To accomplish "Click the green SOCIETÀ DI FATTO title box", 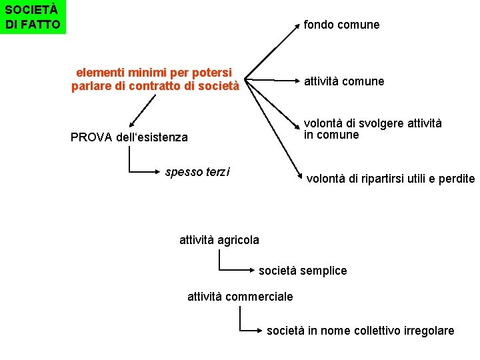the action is click(x=33, y=17).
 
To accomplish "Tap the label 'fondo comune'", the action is click(x=341, y=25).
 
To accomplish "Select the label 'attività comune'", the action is click(x=344, y=81).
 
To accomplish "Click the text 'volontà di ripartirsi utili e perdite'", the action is click(x=390, y=179).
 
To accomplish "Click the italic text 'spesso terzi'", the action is click(x=197, y=172).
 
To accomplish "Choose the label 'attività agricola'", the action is click(x=219, y=239).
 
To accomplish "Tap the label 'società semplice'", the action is click(x=303, y=271).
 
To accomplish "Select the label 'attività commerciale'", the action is click(x=240, y=296).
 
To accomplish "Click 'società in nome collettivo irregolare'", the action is click(x=361, y=331).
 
